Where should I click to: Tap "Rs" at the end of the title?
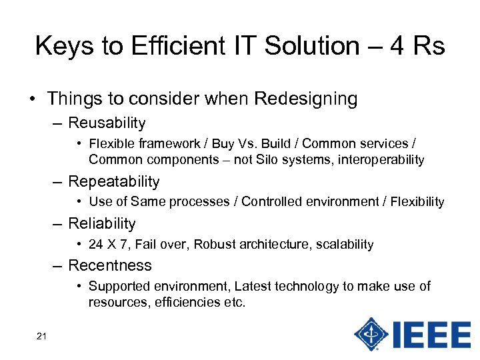[427, 46]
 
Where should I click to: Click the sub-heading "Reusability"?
[107, 123]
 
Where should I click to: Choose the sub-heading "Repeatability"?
[114, 181]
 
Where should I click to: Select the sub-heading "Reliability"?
[102, 223]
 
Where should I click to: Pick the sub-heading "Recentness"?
[110, 265]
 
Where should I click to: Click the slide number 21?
[41, 336]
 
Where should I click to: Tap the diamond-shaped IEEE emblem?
[371, 333]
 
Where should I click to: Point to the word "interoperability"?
[381, 160]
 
